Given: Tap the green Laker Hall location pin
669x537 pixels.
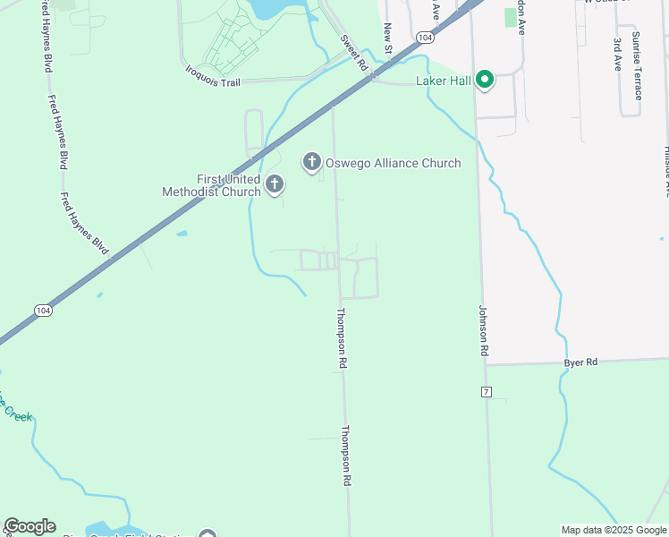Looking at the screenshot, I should (x=485, y=81).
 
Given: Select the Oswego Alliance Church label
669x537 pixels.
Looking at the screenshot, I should (x=394, y=163).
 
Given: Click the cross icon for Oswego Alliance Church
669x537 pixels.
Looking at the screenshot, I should (x=311, y=162).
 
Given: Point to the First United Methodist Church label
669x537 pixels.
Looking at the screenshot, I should (x=211, y=185).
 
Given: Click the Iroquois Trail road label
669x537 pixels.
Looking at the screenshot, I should (x=213, y=74).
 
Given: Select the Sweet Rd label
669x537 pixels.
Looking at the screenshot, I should (x=354, y=54).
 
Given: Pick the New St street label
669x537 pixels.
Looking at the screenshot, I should (x=388, y=39).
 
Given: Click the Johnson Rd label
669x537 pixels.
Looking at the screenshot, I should (x=484, y=331).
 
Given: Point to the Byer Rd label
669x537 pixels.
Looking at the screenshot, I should (x=580, y=362).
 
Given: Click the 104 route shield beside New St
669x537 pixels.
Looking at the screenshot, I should (x=425, y=38).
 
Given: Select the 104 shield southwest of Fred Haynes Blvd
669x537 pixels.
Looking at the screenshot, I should (x=42, y=310).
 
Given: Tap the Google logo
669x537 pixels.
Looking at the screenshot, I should (x=30, y=526).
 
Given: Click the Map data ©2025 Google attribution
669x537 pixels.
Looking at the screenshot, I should (x=614, y=530).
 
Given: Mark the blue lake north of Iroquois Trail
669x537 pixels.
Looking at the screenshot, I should (x=267, y=9).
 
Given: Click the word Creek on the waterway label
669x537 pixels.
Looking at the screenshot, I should (x=18, y=415).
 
